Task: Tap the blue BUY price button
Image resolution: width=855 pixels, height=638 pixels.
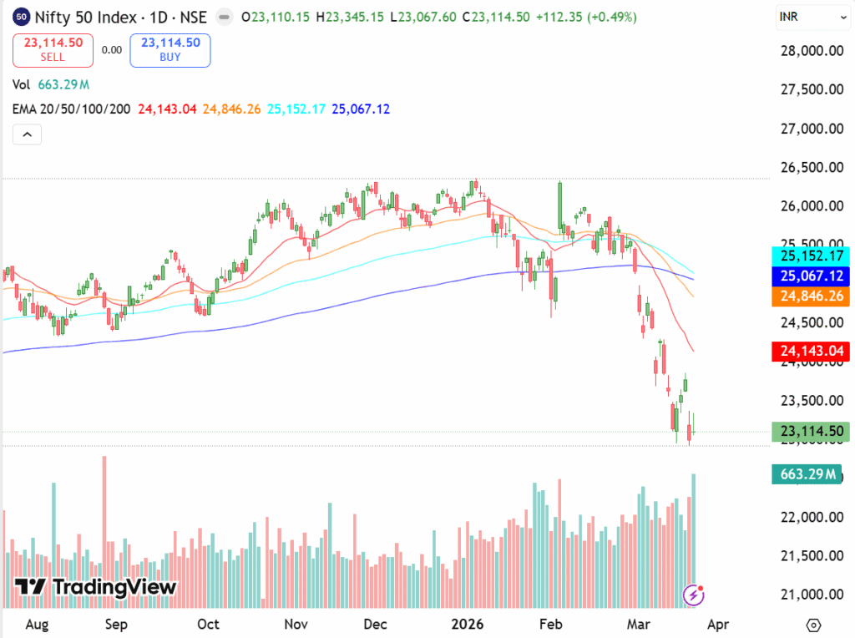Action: (x=170, y=50)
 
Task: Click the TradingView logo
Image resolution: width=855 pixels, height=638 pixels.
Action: (x=96, y=587)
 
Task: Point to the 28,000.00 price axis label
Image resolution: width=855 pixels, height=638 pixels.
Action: (x=810, y=51)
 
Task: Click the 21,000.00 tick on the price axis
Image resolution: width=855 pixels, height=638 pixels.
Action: (x=810, y=595)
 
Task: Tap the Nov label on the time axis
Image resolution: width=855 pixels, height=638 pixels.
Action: (x=296, y=624)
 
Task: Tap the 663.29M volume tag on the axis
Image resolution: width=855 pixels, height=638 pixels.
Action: (x=807, y=475)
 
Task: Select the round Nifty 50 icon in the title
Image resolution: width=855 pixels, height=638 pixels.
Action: (x=23, y=17)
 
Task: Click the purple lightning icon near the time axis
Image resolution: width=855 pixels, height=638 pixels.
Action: (x=693, y=595)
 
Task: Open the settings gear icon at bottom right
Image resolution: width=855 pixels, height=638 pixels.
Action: (x=813, y=625)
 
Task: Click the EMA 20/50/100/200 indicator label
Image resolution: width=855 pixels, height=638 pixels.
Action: (x=71, y=109)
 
